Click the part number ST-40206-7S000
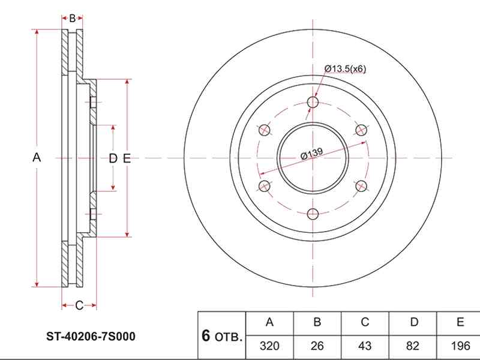pyautogui.click(x=91, y=337)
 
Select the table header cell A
pyautogui.click(x=269, y=322)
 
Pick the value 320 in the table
pyautogui.click(x=269, y=347)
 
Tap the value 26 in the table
pyautogui.click(x=317, y=347)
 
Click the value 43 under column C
pyautogui.click(x=365, y=347)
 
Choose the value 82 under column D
pyautogui.click(x=413, y=347)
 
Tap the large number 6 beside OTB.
pyautogui.click(x=206, y=336)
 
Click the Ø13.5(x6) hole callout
pyautogui.click(x=345, y=69)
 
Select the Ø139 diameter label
pyautogui.click(x=312, y=154)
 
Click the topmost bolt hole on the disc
pyautogui.click(x=313, y=103)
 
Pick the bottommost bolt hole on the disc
pyautogui.click(x=313, y=214)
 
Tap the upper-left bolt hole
pyautogui.click(x=264, y=130)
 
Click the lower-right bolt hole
pyautogui.click(x=361, y=186)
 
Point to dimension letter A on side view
pyautogui.click(x=36, y=158)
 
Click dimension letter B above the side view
pyautogui.click(x=72, y=19)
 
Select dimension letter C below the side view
pyautogui.click(x=79, y=306)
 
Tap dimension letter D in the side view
pyautogui.click(x=112, y=158)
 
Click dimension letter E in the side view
pyautogui.click(x=126, y=158)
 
